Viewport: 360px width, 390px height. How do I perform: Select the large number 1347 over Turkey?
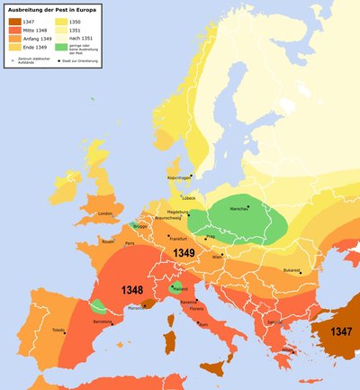click(x=340, y=331)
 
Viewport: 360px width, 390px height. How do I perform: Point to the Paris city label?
click(x=129, y=243)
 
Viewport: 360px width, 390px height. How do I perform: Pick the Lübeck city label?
click(x=187, y=197)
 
